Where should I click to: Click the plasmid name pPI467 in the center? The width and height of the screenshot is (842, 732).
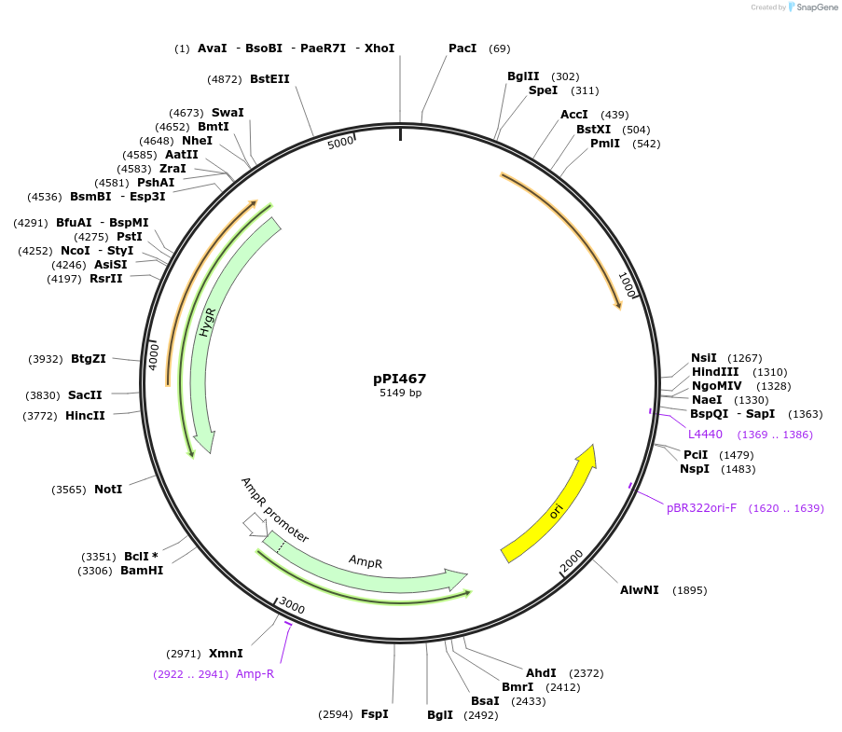(399, 379)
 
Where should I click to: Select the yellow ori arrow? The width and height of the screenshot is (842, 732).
(550, 504)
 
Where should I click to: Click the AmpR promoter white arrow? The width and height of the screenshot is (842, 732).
(253, 525)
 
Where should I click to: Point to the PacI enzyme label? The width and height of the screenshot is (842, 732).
(462, 48)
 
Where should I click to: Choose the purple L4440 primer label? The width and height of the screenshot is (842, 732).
(705, 435)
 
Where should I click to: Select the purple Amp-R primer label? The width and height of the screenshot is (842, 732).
(255, 673)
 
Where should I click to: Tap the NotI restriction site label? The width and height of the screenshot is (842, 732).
(108, 490)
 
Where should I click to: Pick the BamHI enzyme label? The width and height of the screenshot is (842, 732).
(142, 571)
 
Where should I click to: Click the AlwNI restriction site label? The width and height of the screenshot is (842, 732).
(640, 590)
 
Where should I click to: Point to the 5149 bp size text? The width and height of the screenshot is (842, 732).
(400, 394)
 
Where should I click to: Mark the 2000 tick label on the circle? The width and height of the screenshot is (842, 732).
(572, 560)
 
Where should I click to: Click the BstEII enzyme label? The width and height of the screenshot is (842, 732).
(269, 79)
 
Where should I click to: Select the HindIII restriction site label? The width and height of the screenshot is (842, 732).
(715, 371)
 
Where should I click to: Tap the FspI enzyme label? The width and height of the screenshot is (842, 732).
(374, 714)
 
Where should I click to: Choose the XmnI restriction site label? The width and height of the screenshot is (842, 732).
(226, 654)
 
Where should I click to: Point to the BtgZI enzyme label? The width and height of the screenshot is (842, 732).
(89, 359)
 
